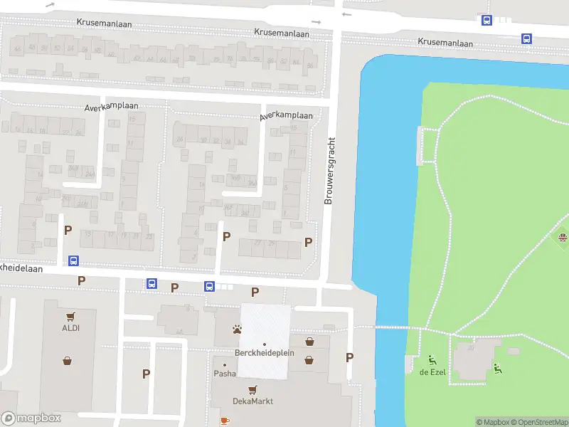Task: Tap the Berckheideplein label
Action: [x=264, y=354]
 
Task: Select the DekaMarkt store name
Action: [x=252, y=401]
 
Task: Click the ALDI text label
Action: [x=70, y=327]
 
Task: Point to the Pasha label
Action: [x=225, y=374]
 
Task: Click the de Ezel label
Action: [x=432, y=372]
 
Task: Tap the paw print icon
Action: [x=236, y=330]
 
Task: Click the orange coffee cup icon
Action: [x=225, y=421]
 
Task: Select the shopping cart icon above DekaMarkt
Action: [x=252, y=390]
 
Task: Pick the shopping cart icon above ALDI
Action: [x=70, y=317]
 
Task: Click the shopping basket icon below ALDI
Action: [x=67, y=361]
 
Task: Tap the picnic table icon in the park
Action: [x=563, y=238]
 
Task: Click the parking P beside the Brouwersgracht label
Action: [x=308, y=242]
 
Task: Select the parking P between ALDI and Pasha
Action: [x=146, y=374]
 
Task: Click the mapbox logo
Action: [x=31, y=418]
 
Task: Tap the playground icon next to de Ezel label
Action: [x=432, y=359]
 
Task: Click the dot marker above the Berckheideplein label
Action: [x=264, y=344]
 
